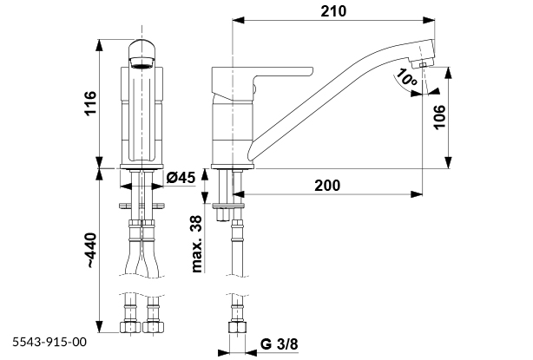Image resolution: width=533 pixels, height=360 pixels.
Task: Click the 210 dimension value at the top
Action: point(333,11)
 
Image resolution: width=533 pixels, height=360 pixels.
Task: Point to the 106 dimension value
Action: point(440,117)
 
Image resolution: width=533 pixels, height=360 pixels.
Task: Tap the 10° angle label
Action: point(404,80)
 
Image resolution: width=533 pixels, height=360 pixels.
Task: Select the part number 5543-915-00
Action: point(49,343)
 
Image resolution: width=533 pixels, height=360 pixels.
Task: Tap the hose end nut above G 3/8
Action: point(234,330)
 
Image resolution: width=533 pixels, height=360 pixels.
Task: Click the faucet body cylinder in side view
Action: point(230,130)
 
